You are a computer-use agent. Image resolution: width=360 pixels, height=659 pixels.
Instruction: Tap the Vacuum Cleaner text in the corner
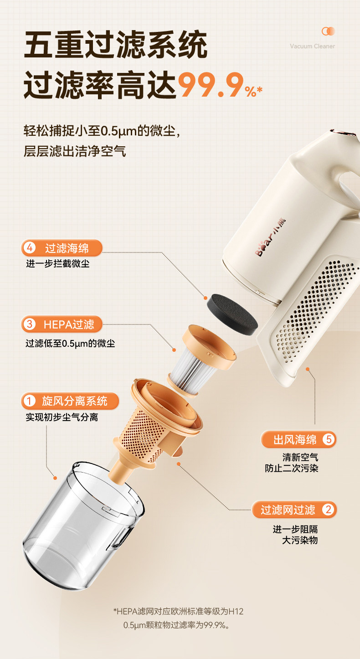click(x=312, y=46)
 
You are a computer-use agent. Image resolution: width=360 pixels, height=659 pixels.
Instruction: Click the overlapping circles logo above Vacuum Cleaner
click(x=328, y=31)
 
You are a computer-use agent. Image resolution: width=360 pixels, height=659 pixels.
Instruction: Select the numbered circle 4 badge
click(x=30, y=248)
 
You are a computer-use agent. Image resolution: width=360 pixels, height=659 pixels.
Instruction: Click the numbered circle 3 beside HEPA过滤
click(x=30, y=324)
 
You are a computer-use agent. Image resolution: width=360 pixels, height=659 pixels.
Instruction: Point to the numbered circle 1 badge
click(x=29, y=401)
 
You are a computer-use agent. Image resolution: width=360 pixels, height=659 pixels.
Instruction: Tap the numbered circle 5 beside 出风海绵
click(x=329, y=439)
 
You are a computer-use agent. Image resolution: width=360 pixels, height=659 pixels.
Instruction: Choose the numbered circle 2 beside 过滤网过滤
click(x=328, y=509)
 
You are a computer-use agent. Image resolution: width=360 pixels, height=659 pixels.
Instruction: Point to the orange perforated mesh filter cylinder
click(x=141, y=432)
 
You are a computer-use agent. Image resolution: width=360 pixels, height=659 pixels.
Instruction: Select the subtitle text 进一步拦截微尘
click(x=58, y=263)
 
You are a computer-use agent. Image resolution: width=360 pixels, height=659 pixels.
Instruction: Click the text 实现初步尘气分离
click(x=62, y=417)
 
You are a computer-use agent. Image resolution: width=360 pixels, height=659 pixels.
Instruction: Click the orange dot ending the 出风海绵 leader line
click(x=308, y=369)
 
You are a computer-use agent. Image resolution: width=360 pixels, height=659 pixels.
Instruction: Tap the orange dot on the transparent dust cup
click(x=55, y=478)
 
